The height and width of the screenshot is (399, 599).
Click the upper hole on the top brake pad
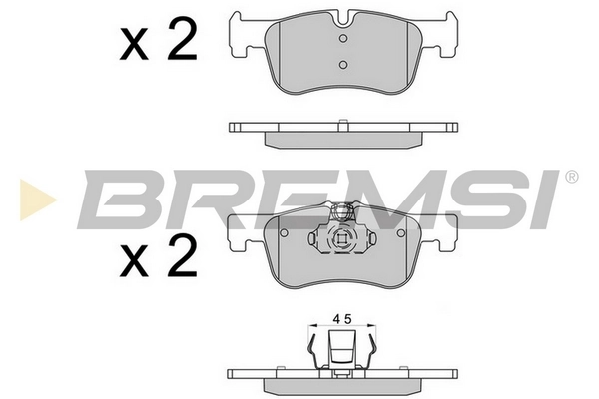pos(341,40)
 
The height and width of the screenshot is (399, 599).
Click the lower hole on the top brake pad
pos(341,64)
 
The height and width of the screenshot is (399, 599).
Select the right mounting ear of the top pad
pos(441,36)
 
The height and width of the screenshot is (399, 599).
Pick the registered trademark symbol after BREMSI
pos(570,178)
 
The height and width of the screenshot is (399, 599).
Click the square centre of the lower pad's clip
pos(341,241)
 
